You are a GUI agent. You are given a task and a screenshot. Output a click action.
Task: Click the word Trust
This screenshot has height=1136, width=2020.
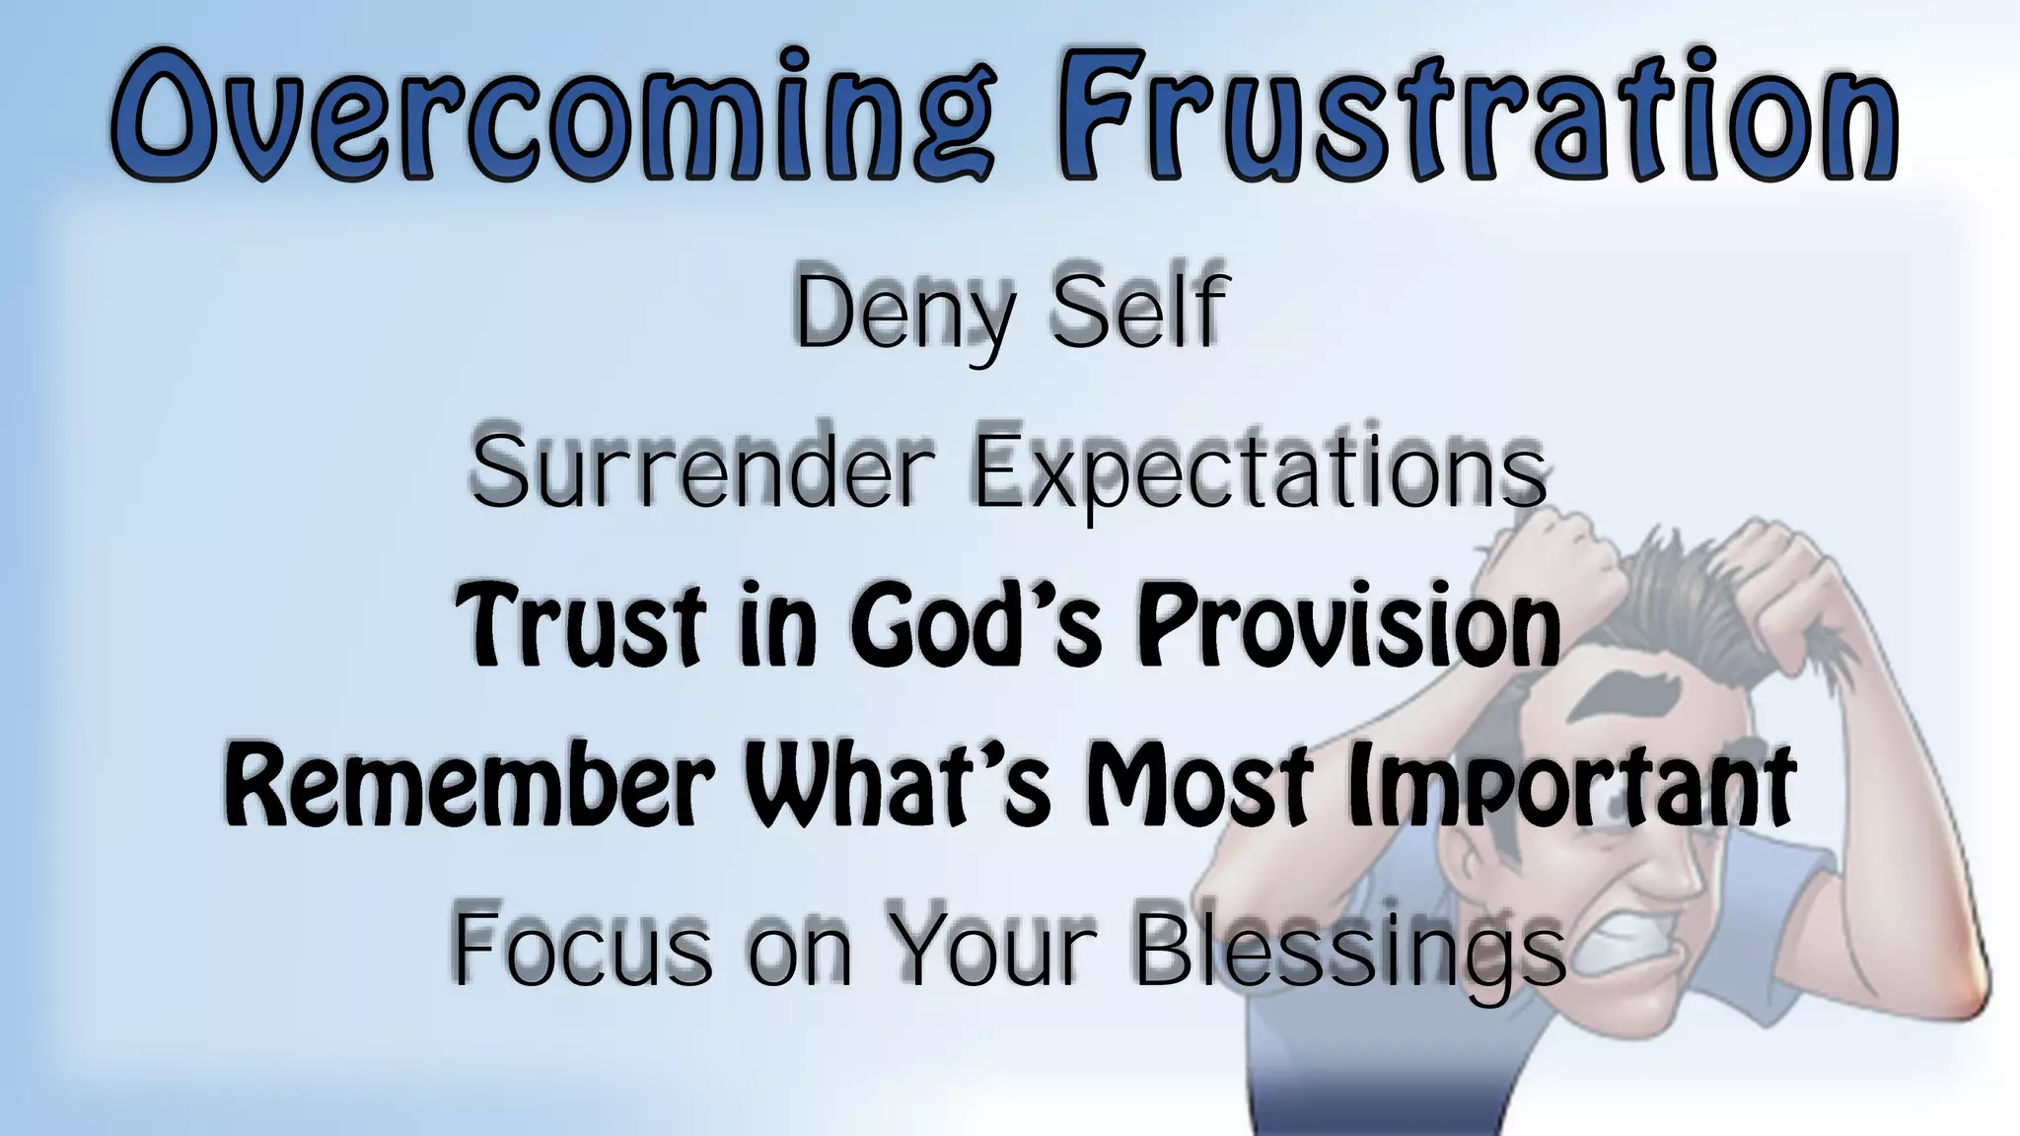coord(582,624)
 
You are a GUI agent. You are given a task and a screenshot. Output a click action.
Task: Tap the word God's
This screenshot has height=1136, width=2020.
coord(976,624)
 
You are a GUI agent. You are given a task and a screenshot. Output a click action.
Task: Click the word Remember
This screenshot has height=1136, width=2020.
coord(469,786)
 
